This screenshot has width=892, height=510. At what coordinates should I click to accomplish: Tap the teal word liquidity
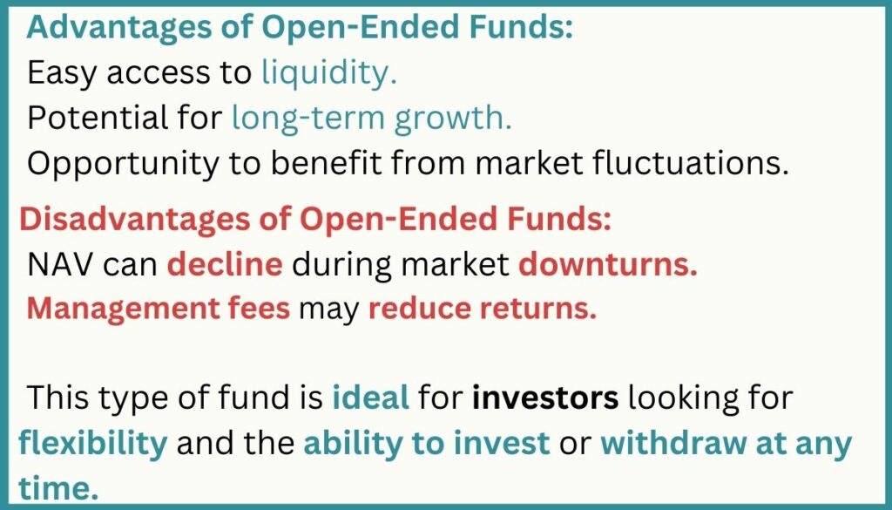click(329, 73)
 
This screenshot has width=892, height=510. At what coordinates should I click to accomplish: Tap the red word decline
click(225, 265)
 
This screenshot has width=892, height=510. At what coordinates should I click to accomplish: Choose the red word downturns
click(608, 265)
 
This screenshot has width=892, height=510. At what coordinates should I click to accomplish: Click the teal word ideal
click(370, 398)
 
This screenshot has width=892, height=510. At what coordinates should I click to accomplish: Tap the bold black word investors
click(545, 398)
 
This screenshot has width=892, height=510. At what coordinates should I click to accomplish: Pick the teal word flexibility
click(92, 444)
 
